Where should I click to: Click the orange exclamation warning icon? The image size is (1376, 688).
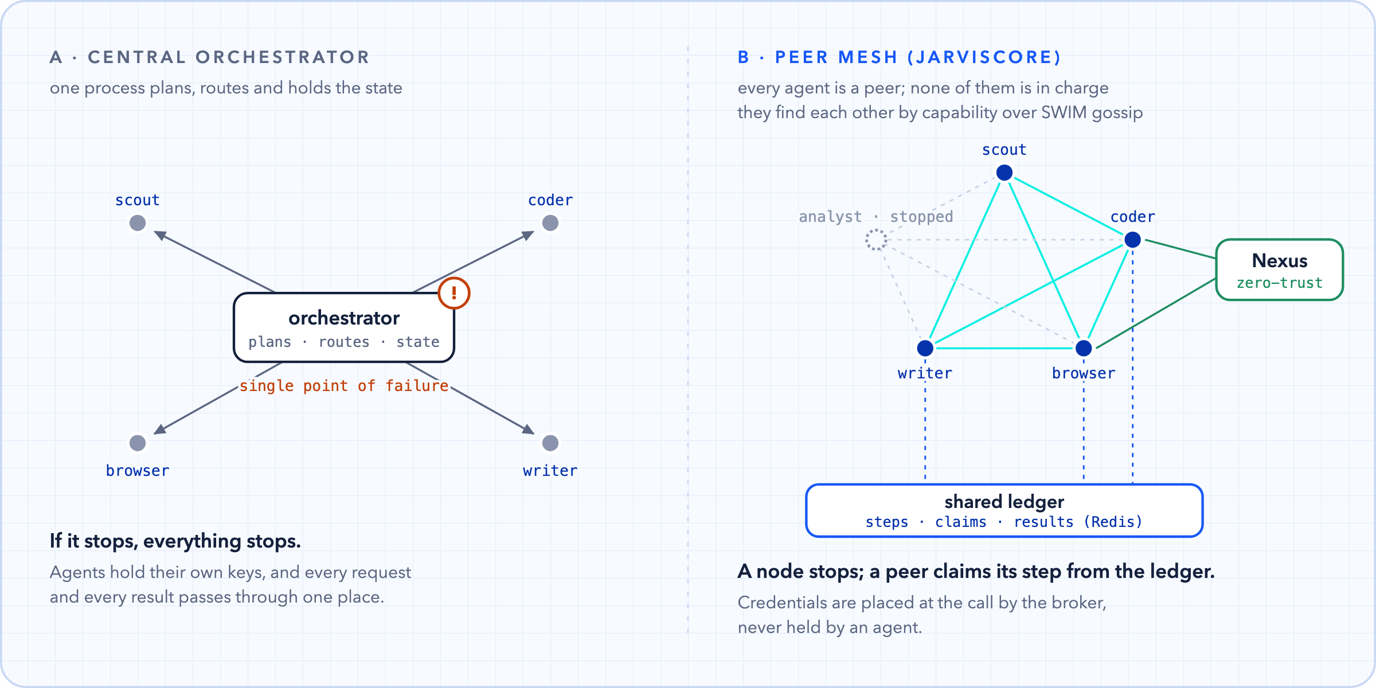[x=454, y=293]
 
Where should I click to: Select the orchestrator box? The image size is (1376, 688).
[x=344, y=327]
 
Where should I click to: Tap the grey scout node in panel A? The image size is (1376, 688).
[x=138, y=223]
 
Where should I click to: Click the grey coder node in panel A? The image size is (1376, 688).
[x=550, y=223]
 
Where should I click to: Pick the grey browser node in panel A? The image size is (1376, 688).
[x=138, y=443]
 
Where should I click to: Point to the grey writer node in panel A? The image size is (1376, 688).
[x=550, y=443]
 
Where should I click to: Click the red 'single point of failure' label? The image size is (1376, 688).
[x=344, y=386]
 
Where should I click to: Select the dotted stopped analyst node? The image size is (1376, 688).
[x=876, y=240]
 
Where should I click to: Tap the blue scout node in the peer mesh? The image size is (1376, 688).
[x=1004, y=173]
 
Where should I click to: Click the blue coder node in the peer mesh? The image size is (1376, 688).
[x=1133, y=240]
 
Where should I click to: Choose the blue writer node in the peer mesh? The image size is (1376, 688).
[x=925, y=348]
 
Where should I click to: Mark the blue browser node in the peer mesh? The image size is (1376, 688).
[x=1084, y=348]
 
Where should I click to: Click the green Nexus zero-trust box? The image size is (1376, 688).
[x=1280, y=269]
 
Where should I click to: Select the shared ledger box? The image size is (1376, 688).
[x=1004, y=511]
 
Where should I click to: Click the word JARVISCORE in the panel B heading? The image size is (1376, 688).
[x=984, y=57]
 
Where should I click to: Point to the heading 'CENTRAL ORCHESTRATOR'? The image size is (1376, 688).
[x=229, y=57]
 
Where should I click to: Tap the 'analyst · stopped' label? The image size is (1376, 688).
[x=876, y=217]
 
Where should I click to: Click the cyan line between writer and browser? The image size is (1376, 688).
[x=1004, y=348]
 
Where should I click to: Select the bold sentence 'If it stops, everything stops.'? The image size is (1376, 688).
[x=175, y=541]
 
